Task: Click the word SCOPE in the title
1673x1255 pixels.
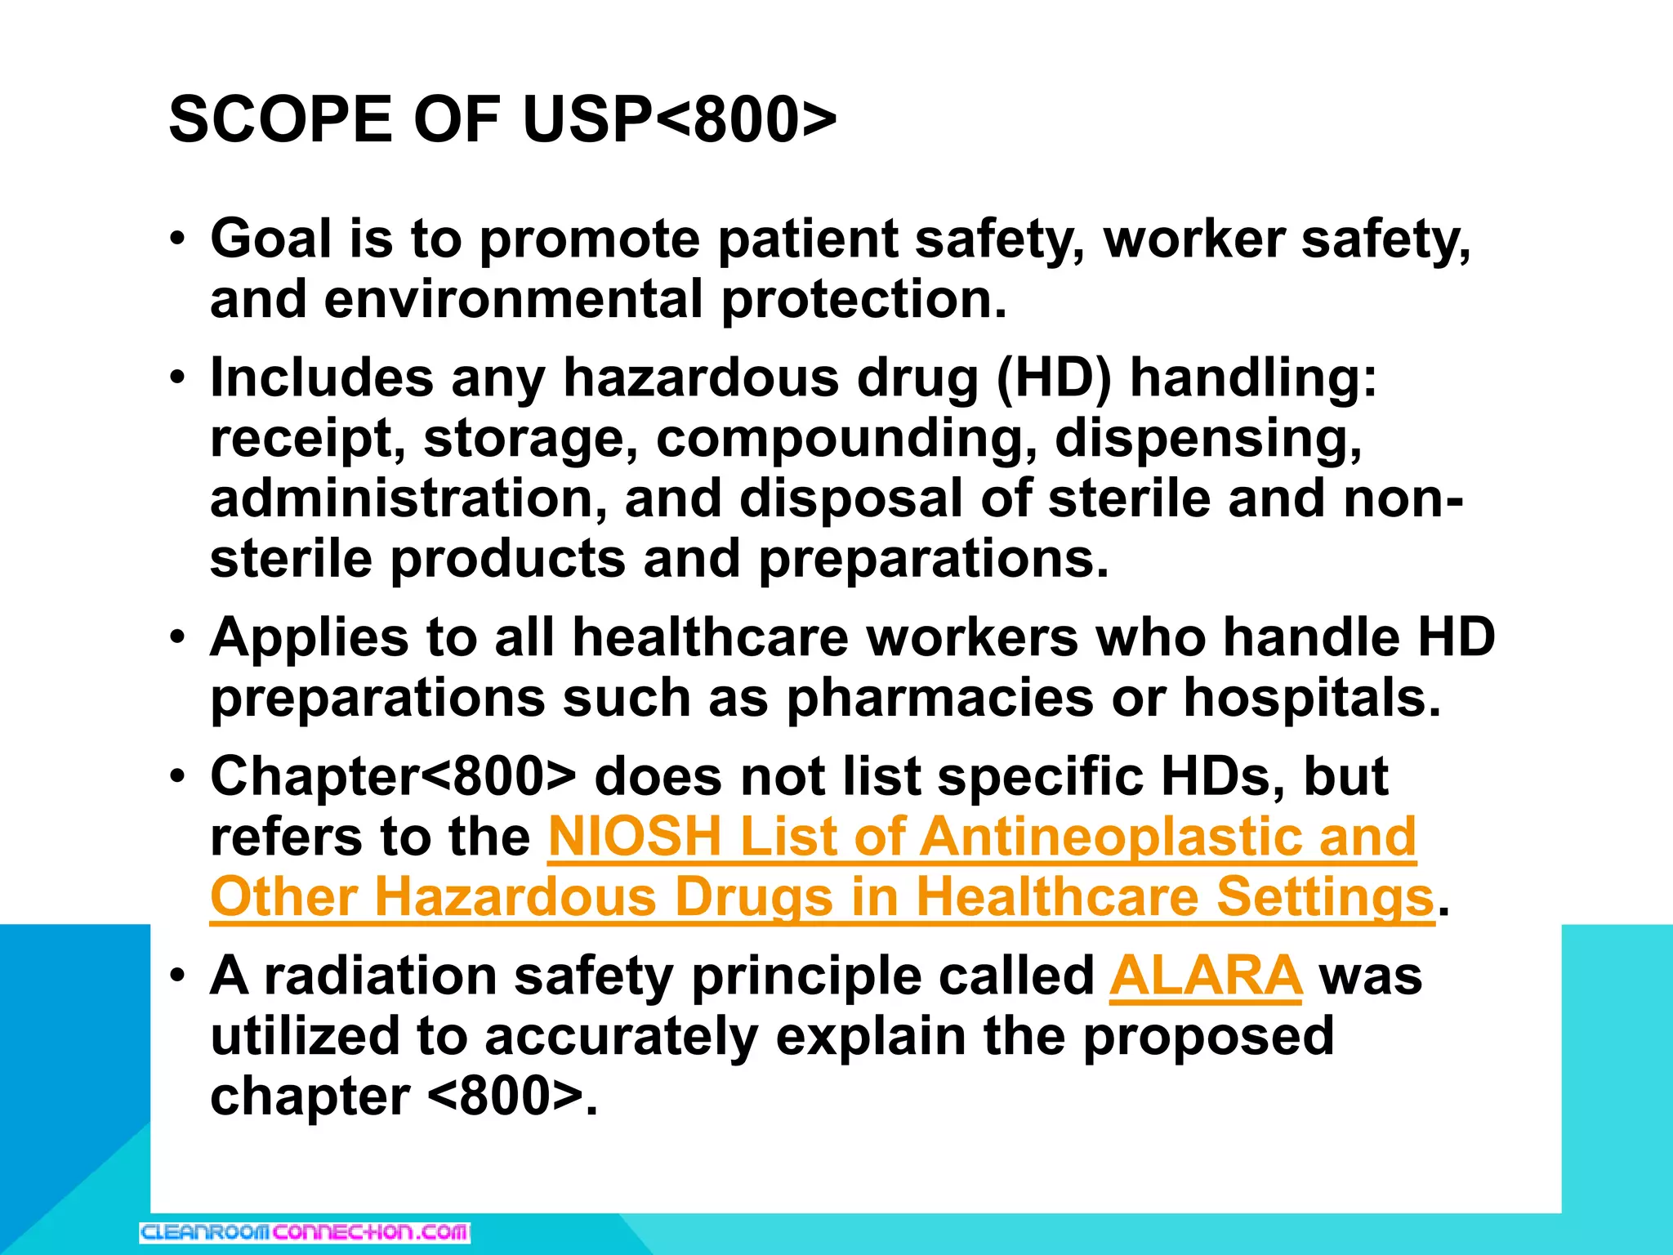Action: click(x=280, y=120)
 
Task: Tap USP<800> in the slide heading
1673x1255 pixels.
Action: click(x=679, y=120)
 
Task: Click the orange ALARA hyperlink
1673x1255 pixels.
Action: click(x=1205, y=976)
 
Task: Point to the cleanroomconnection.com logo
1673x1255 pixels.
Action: click(x=305, y=1232)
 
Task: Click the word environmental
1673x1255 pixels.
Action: click(x=514, y=299)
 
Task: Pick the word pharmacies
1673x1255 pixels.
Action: click(x=939, y=698)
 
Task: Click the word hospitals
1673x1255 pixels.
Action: click(x=1312, y=698)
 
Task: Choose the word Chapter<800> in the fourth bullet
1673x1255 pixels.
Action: click(x=393, y=776)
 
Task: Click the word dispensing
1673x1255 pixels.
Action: click(x=1208, y=439)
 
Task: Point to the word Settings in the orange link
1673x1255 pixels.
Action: click(x=1325, y=897)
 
